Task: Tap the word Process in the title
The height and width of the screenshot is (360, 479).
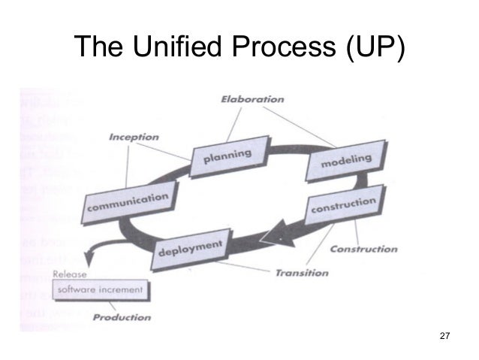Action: [x=282, y=50]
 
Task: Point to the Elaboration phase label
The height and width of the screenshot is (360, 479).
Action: [x=252, y=98]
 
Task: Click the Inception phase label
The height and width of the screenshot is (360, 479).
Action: [x=134, y=138]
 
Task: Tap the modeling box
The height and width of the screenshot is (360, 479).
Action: [x=345, y=160]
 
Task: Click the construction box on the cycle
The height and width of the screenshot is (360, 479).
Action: [x=342, y=206]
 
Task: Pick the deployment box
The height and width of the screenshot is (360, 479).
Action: [x=191, y=247]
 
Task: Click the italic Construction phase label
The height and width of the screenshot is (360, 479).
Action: [x=363, y=249]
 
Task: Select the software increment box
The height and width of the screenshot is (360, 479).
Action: [x=103, y=289]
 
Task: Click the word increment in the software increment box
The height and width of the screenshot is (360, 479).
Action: [x=122, y=289]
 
